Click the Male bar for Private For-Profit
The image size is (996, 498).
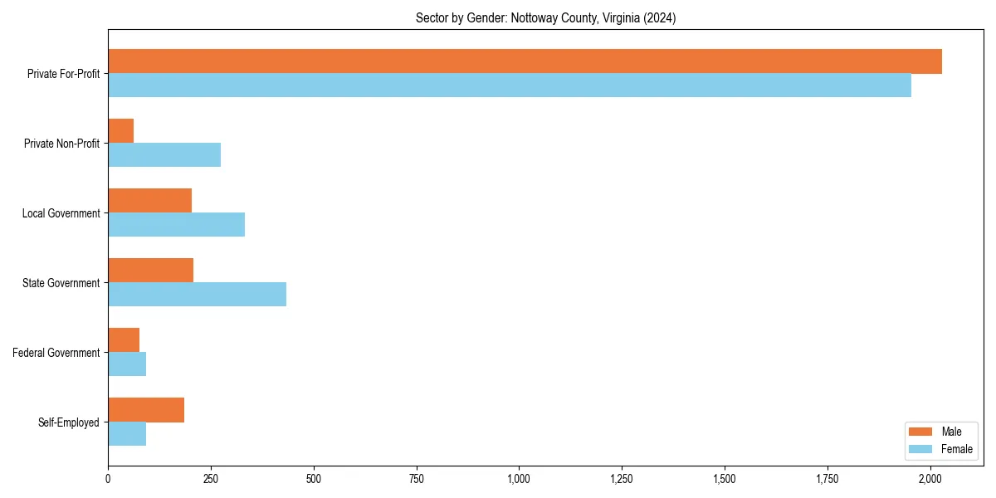[525, 61]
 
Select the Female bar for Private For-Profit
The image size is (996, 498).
[510, 85]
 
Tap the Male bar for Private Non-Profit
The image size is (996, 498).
[121, 131]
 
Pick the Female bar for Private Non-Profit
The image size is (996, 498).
[164, 155]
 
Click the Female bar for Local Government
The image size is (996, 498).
[176, 225]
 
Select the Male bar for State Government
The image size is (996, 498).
[150, 271]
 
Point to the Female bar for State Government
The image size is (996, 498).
[197, 295]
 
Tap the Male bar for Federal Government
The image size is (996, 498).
[124, 340]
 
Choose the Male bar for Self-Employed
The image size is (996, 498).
[146, 410]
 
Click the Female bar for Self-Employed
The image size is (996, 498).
[127, 434]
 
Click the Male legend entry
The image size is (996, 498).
[939, 432]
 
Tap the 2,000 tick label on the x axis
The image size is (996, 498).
[930, 479]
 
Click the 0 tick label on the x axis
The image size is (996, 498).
[108, 479]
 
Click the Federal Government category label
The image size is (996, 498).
[56, 353]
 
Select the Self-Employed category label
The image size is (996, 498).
[69, 422]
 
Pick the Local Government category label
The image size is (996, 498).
[61, 213]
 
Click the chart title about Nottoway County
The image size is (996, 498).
[545, 18]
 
